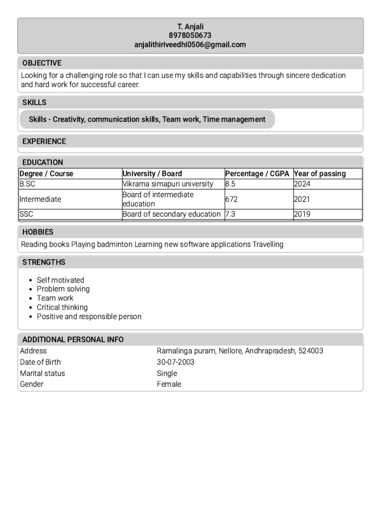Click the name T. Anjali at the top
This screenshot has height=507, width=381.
point(190,26)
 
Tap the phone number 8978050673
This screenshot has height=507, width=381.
point(190,36)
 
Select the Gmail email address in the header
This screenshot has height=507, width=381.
point(190,45)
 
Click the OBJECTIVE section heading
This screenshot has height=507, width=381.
point(42,63)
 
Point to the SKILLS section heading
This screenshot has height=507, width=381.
point(34,102)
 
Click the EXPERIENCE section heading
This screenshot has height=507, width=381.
point(44,141)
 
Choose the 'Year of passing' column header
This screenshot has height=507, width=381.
point(319,173)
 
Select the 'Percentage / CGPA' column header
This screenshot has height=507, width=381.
point(257,173)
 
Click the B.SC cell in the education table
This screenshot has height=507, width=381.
point(27,184)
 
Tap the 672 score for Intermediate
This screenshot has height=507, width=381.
point(231,199)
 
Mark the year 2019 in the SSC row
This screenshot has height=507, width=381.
point(302,214)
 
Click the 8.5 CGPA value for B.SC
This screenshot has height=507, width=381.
point(230,184)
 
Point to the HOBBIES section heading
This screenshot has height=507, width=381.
point(38,232)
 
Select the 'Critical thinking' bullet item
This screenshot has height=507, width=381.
point(62,307)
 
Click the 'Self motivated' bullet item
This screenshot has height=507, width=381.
point(61,280)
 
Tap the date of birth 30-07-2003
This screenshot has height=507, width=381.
point(176,362)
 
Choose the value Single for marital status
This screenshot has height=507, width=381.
point(167,373)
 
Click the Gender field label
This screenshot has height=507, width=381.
point(31,384)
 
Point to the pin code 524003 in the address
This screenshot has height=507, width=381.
point(311,351)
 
